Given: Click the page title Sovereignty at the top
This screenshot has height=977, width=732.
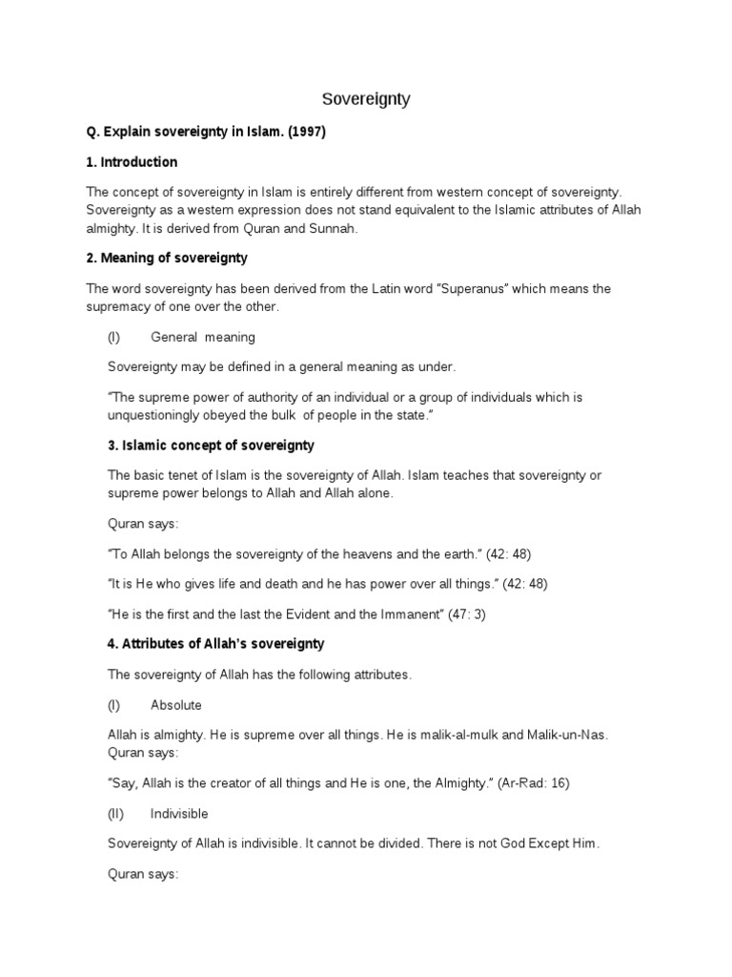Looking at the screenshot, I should point(365,99).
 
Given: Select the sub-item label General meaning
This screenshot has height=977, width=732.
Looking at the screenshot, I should point(203,337).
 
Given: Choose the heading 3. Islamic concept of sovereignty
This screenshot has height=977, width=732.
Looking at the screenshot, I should point(211,446).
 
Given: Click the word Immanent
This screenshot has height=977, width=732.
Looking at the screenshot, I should point(411,613).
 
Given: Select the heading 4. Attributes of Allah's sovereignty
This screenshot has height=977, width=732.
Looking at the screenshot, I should point(215,644).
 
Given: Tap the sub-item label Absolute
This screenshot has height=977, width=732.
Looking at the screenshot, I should point(176,705).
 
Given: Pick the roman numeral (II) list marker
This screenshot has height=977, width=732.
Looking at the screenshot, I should point(117,814).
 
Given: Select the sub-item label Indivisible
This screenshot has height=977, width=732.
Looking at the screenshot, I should point(179,814).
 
